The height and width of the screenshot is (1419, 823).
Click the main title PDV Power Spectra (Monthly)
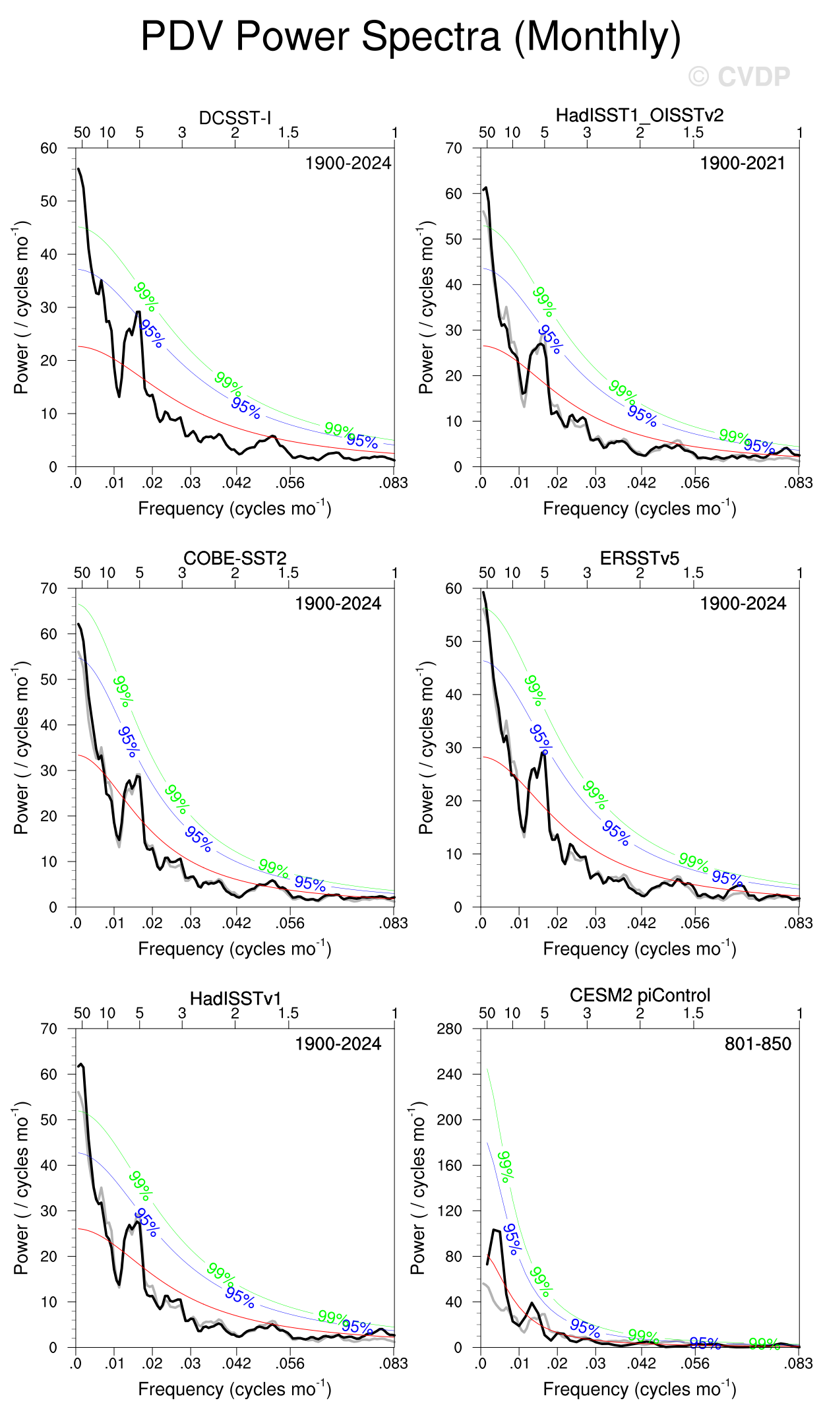(410, 36)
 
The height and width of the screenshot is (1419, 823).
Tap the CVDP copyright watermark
(739, 77)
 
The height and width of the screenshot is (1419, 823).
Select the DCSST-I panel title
(235, 118)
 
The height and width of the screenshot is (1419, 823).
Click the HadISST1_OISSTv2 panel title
(639, 115)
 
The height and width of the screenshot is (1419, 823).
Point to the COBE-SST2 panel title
(235, 558)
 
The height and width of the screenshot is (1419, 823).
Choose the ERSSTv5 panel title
(639, 558)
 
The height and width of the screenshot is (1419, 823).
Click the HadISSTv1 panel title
(235, 998)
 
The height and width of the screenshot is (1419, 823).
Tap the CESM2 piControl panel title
(639, 995)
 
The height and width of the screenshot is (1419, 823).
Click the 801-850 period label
(757, 1044)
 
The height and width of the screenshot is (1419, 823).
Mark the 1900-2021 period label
(743, 163)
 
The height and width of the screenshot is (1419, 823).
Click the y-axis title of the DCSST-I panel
(22, 307)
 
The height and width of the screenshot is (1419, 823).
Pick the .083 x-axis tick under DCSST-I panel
(394, 483)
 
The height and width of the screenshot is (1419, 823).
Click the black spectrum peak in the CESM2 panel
(495, 1230)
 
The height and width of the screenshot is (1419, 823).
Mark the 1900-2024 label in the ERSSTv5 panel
(743, 604)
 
